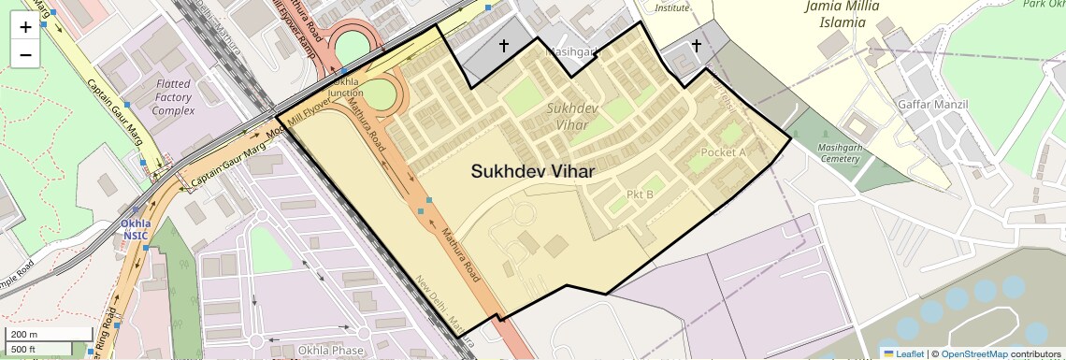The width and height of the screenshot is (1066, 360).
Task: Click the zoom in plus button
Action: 25,27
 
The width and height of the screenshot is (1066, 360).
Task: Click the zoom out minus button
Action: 25,54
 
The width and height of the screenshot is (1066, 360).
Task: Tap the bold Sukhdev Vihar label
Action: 532,171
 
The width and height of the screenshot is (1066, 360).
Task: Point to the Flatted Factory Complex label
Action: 174,97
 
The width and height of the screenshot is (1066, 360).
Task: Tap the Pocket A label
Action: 723,152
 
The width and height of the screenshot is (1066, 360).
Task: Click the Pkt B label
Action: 640,194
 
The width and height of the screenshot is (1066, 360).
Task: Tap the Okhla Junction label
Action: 346,87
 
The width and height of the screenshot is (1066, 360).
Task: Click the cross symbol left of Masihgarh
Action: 504,45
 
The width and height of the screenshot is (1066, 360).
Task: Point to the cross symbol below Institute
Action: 696,45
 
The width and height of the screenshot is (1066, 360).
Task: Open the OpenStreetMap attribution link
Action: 973,353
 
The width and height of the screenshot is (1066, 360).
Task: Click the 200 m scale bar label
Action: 24,335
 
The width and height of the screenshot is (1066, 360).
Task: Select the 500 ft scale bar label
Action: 24,349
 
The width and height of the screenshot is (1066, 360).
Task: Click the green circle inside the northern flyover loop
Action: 352,48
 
